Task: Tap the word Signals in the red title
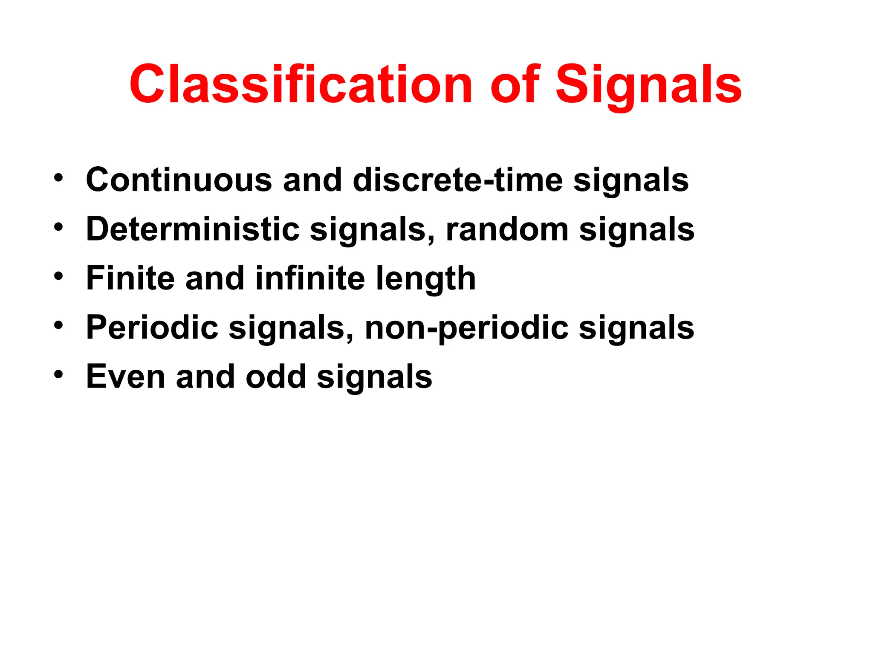(x=649, y=84)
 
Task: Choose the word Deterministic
(x=193, y=229)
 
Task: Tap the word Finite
(x=130, y=278)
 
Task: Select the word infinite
(x=310, y=278)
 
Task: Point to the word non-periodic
(x=467, y=327)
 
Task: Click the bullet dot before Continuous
(x=58, y=177)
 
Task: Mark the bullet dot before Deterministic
(x=58, y=226)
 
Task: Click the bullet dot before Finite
(x=58, y=275)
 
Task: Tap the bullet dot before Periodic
(x=58, y=325)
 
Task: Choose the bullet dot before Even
(x=58, y=374)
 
